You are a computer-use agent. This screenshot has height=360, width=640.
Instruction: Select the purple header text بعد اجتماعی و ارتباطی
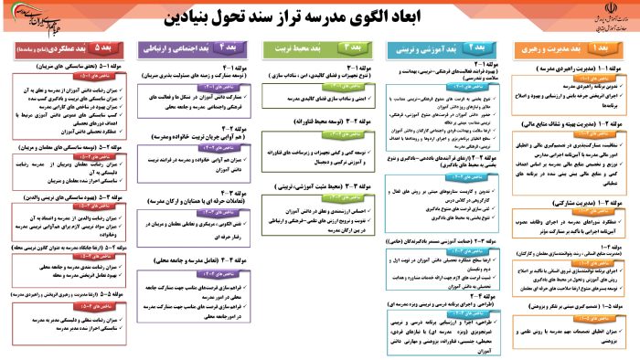(177, 46)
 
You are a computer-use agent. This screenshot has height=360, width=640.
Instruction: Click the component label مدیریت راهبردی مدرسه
(566, 68)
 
